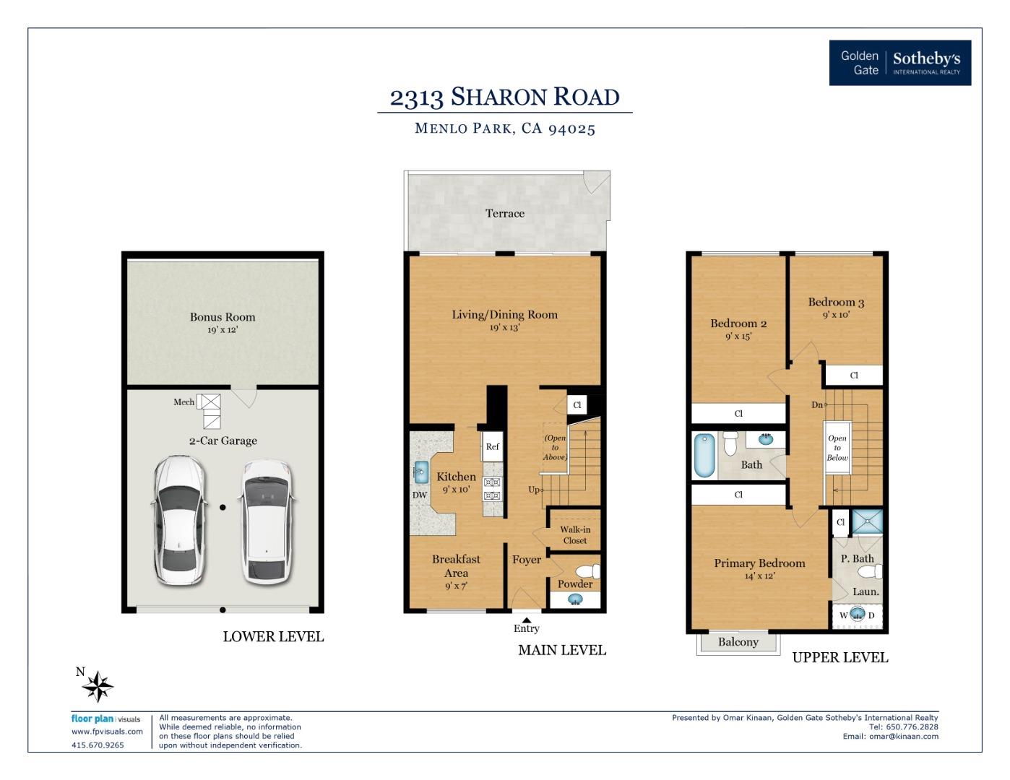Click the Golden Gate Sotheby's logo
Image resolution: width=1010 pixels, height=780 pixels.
pos(899,63)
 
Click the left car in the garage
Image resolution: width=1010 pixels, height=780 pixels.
pos(178,520)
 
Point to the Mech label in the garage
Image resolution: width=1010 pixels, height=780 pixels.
pos(184,402)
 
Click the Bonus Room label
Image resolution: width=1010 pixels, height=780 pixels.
pos(223,317)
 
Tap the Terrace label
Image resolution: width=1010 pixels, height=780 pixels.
pos(505,214)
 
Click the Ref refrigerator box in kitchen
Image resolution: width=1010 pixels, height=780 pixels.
pos(492,447)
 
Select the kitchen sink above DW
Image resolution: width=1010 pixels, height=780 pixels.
pos(420,472)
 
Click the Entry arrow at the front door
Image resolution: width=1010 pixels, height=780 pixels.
pos(527,620)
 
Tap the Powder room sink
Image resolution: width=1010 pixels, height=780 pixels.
pos(575,599)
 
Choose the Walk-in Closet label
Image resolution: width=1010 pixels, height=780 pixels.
pos(575,535)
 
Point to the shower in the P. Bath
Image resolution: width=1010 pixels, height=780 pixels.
pos(866,521)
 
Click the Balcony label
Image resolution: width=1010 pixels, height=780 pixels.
pos(738,642)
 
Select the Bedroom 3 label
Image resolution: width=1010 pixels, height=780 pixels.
pos(836,303)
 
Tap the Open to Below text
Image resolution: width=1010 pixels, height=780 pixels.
pos(837,448)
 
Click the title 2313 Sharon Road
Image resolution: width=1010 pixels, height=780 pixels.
pos(504,97)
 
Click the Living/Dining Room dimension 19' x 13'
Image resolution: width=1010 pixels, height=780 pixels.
pos(504,328)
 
